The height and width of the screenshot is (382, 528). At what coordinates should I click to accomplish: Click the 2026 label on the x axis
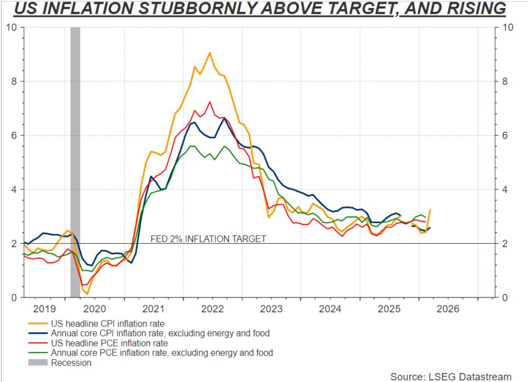pos(436,309)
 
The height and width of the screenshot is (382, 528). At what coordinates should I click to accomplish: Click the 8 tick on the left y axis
pos(14,81)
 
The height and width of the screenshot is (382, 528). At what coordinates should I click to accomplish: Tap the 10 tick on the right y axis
pos(508,27)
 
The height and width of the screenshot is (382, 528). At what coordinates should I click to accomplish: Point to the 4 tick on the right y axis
pos(506,189)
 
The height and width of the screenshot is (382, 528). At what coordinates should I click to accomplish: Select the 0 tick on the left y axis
pos(14,298)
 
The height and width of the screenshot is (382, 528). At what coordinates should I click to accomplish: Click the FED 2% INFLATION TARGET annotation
pos(209,238)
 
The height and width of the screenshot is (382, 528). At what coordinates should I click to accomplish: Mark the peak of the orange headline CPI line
pos(210,52)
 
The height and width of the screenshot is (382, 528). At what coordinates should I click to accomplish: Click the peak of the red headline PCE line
pos(210,102)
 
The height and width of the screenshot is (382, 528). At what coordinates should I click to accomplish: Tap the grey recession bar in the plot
pos(75,158)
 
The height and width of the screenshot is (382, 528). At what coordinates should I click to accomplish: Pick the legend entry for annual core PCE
pos(162,352)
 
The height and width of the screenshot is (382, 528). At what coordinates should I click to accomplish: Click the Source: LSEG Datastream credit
pos(451,376)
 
